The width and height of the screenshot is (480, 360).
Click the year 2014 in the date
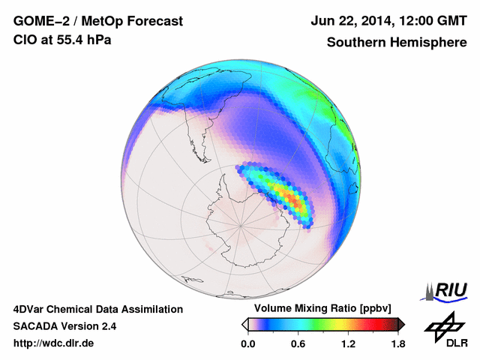click(x=370, y=21)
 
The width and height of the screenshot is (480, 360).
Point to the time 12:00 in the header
click(x=409, y=21)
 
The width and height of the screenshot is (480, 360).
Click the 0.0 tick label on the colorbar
click(x=248, y=344)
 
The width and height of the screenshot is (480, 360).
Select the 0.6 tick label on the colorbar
click(x=298, y=344)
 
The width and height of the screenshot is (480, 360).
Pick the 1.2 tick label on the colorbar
click(x=348, y=344)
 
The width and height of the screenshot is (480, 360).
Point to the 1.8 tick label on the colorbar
click(x=397, y=344)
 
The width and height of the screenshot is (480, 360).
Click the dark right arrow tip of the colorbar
click(x=401, y=324)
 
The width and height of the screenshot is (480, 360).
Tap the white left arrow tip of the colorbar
click(x=245, y=324)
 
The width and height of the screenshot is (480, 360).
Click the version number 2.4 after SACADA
click(x=107, y=326)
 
